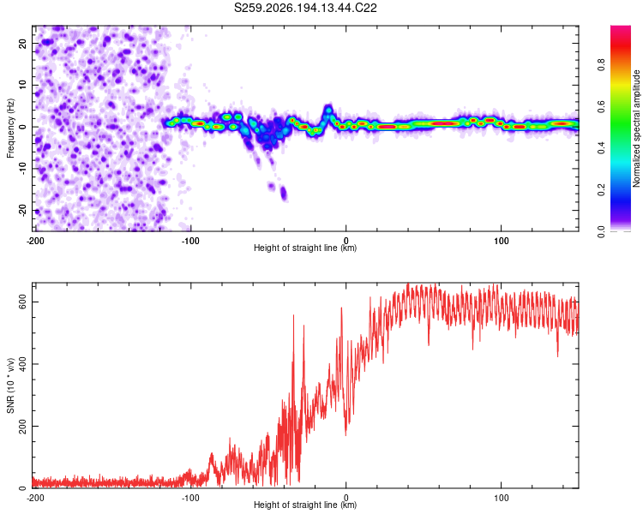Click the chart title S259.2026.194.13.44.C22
pos(305,8)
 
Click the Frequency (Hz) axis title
pos(10,128)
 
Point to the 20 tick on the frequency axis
pos(23,43)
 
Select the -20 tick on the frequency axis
pos(23,210)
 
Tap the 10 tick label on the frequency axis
pos(23,85)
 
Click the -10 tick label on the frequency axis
pos(23,169)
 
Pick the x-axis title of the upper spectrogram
pos(305,248)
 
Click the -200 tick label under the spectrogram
pos(35,241)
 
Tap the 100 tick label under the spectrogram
pos(502,241)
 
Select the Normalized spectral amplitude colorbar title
pos(636,128)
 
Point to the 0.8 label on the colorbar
pos(601,65)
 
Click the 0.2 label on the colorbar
pos(601,190)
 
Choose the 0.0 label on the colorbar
pos(601,231)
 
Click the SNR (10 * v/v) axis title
pos(10,385)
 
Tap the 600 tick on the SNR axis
pos(23,302)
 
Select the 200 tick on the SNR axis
pos(23,427)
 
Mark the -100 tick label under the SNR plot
pos(190,498)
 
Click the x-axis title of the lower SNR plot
pos(305,505)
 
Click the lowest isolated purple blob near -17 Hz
pos(284,193)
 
